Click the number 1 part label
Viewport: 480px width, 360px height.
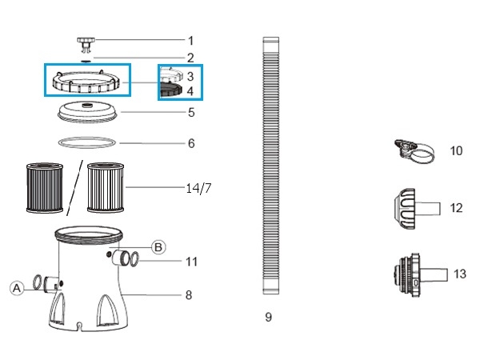click(190, 40)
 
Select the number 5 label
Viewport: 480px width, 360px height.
click(191, 113)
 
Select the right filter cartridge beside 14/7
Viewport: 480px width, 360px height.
click(105, 187)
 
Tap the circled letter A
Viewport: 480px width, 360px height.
click(17, 289)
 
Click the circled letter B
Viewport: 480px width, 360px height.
click(158, 247)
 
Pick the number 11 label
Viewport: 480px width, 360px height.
click(191, 261)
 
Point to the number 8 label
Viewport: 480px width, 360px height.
click(189, 295)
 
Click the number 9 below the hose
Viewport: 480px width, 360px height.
click(268, 318)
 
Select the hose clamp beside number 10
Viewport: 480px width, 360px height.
click(413, 150)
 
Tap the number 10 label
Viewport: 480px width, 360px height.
click(456, 150)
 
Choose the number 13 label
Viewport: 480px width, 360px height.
click(459, 274)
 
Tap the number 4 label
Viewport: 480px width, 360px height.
click(190, 91)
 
